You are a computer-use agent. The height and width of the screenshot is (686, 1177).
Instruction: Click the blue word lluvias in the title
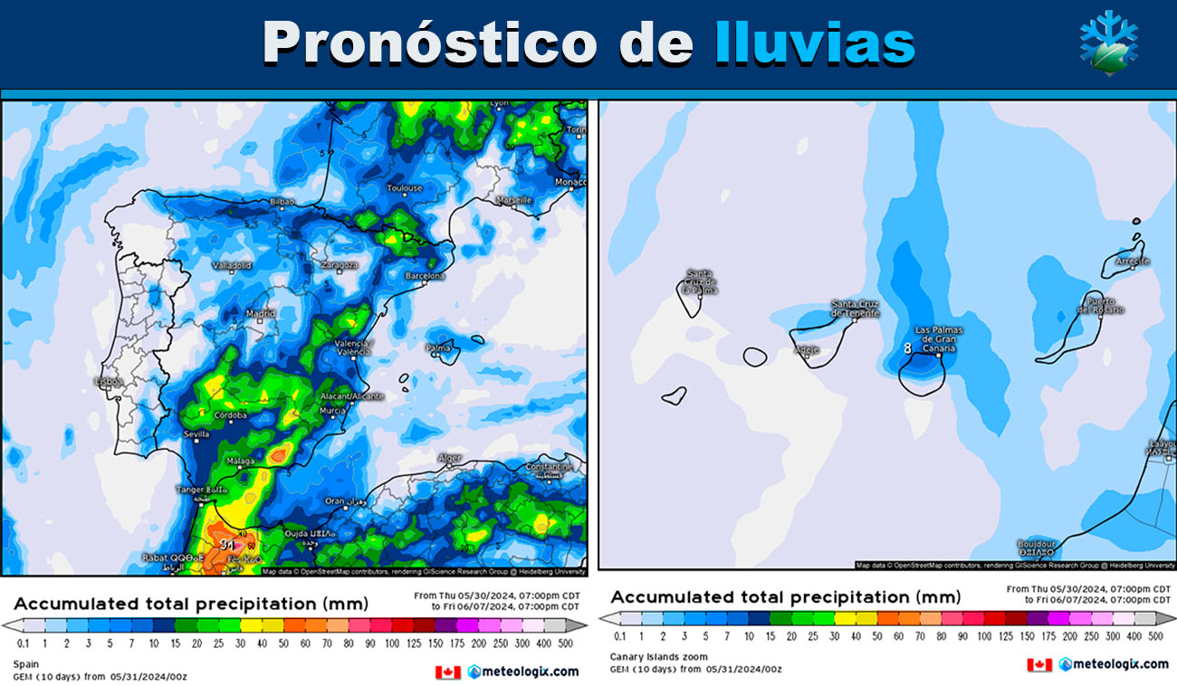[814, 43]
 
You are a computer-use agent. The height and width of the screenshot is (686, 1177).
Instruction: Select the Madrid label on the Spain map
[260, 315]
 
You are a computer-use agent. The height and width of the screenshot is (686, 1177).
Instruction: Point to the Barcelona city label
[425, 276]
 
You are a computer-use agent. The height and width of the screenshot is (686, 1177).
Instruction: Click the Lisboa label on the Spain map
[110, 382]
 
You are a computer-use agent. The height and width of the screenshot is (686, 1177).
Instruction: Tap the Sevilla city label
[196, 435]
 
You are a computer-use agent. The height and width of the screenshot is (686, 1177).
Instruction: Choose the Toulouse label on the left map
[405, 188]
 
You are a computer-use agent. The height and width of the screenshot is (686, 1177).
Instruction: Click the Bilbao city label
[283, 200]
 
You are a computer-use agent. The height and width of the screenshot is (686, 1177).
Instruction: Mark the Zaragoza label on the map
[340, 265]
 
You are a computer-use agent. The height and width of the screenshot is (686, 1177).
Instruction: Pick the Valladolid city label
[231, 266]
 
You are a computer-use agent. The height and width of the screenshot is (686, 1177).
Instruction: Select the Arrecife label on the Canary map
[1133, 262]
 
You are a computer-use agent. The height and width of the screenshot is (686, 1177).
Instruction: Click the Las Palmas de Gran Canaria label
[939, 339]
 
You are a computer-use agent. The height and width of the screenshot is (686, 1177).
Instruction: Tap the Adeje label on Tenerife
[807, 349]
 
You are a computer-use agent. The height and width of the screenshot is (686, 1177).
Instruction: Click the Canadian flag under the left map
[448, 672]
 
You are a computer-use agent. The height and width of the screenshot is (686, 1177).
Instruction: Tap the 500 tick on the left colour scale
[566, 643]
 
